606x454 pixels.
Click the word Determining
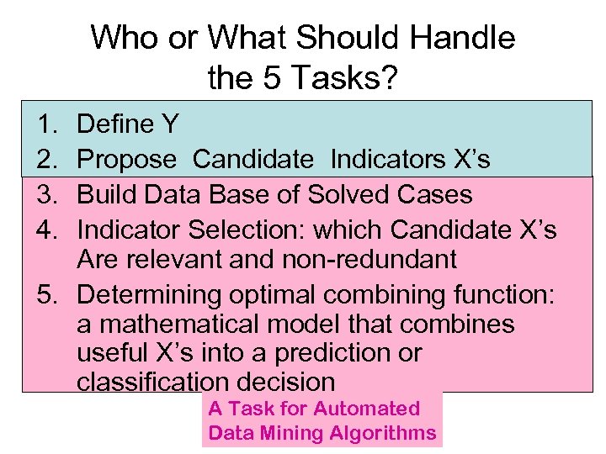[x=150, y=295]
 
